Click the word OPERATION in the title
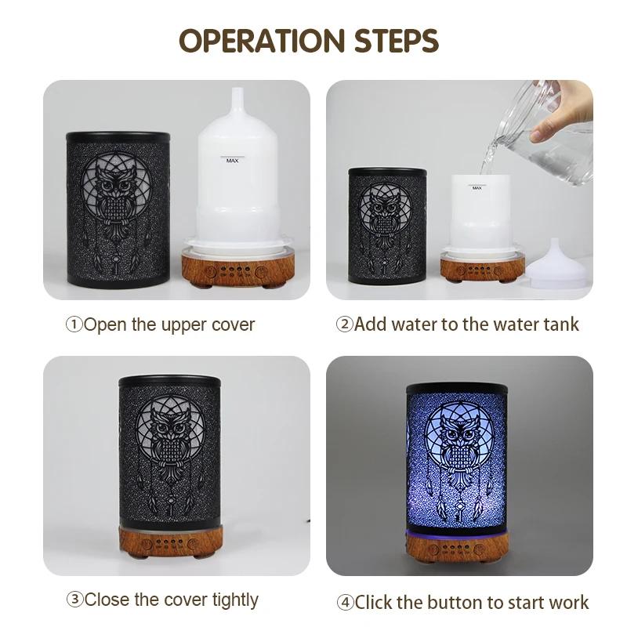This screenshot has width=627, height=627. point(262,41)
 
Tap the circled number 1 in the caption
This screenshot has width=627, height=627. point(74,324)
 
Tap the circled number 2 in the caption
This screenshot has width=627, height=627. point(345,324)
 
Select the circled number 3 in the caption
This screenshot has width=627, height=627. point(74,600)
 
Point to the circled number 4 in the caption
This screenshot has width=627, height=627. point(346,602)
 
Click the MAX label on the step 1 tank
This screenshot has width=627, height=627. point(232,161)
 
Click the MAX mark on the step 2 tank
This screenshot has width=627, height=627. point(477,187)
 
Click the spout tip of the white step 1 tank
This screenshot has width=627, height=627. point(237,89)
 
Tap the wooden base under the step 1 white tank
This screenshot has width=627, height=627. point(238,268)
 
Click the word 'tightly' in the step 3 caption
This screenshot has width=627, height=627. point(235,600)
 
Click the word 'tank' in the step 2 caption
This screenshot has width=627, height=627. point(561,324)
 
